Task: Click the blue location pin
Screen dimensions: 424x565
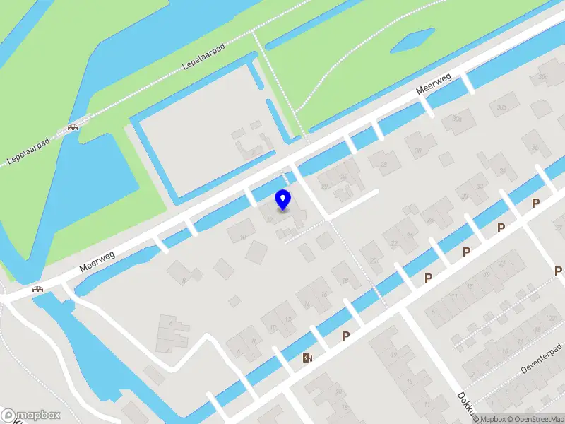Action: [x=282, y=199]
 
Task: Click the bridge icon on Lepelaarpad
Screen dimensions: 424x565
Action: [x=72, y=127]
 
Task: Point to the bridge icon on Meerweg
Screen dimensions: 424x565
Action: [x=37, y=289]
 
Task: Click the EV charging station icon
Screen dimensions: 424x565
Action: [x=307, y=358]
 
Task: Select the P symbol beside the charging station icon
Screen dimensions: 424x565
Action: [x=345, y=336]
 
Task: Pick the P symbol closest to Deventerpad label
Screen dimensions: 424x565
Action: [x=558, y=271]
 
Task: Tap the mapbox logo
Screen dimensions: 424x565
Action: [x=31, y=415]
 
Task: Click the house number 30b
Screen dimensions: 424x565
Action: [x=502, y=107]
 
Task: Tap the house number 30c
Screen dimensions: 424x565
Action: [x=542, y=76]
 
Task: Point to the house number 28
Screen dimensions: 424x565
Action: [x=325, y=187]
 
